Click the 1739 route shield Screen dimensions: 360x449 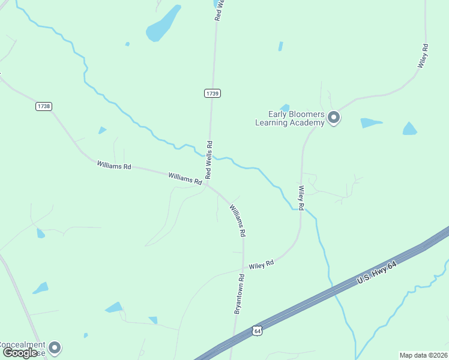click(x=212, y=93)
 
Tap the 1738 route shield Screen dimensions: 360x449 click(x=43, y=106)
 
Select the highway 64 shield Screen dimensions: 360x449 click(x=257, y=330)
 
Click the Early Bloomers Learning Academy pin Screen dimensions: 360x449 click(x=334, y=118)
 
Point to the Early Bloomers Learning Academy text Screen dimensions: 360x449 click(x=290, y=118)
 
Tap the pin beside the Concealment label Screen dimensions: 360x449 click(x=55, y=347)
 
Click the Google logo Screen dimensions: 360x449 click(x=20, y=352)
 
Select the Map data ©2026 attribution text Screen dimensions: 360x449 click(x=423, y=355)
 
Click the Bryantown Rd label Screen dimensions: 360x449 click(x=240, y=294)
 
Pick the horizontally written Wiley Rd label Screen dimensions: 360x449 click(x=261, y=264)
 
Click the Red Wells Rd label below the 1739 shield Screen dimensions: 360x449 click(x=209, y=160)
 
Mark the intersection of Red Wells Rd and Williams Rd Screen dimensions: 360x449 click(x=207, y=184)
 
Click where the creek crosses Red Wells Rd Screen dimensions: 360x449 click(x=210, y=156)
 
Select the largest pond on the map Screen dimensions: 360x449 click(x=163, y=24)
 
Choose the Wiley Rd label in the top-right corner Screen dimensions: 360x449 click(x=423, y=55)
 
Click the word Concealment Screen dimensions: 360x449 click(x=22, y=344)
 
